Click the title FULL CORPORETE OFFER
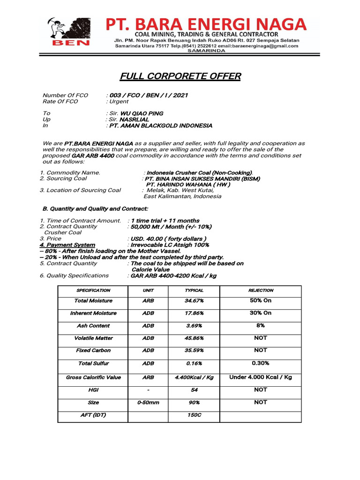[x=180, y=76]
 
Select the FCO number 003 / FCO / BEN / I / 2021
[x=149, y=95]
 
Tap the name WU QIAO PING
[x=142, y=113]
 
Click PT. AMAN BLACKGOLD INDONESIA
[x=160, y=126]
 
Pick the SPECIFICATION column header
[x=93, y=291]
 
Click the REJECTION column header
[x=261, y=291]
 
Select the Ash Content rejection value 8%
[x=261, y=325]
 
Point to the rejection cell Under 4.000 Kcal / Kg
[x=261, y=377]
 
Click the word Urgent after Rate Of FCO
[x=119, y=101]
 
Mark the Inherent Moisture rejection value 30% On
[x=261, y=313]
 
